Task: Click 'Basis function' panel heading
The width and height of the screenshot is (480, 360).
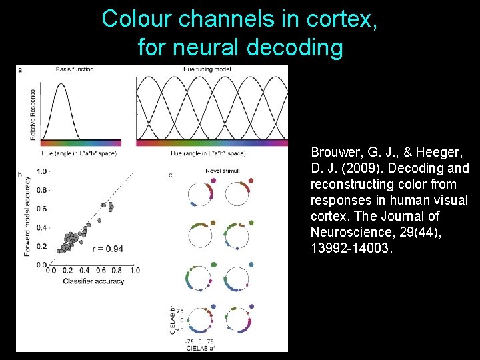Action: (75, 69)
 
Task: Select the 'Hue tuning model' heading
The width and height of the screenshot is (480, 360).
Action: (207, 69)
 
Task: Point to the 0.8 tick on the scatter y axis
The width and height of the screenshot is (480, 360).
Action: (42, 190)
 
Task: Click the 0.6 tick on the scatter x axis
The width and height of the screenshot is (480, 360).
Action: (101, 271)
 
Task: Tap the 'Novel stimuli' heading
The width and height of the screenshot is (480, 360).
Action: (222, 171)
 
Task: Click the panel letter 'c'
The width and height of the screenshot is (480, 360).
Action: (170, 175)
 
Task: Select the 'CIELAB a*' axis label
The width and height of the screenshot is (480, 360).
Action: (201, 347)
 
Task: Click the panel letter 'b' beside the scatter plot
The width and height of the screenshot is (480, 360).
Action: (20, 175)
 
